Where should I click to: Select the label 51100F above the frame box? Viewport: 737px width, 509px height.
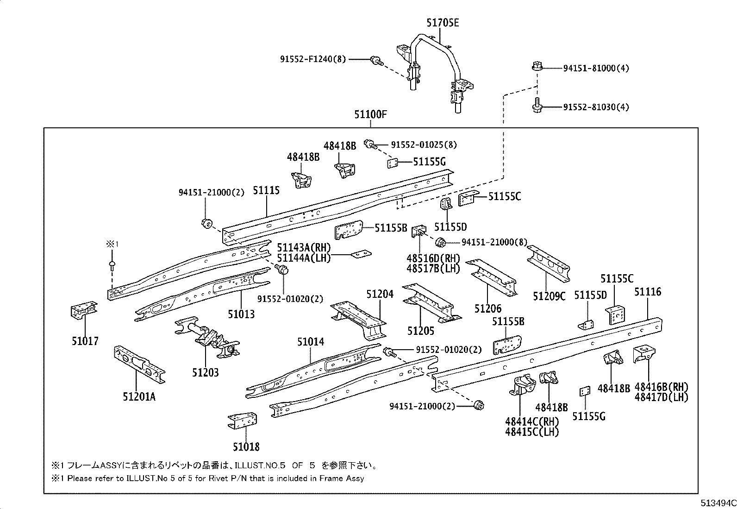[x=370, y=114]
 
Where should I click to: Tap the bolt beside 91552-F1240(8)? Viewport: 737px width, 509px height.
[x=376, y=60]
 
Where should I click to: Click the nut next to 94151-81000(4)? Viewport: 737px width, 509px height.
[x=537, y=68]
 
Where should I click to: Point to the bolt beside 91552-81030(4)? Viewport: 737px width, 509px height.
[x=537, y=107]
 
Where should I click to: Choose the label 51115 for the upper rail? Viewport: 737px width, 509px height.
[x=266, y=190]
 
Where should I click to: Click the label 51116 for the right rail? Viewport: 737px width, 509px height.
[x=648, y=292]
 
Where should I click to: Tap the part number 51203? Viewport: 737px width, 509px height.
[x=205, y=372]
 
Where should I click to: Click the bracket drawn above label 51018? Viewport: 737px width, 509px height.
[x=243, y=421]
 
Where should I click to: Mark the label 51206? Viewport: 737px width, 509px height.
[x=487, y=308]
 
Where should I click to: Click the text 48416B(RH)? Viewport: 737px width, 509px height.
[x=661, y=387]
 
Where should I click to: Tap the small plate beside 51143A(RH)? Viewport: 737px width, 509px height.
[x=361, y=254]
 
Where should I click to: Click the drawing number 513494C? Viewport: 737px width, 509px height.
[x=718, y=503]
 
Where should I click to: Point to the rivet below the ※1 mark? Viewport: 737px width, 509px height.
[x=112, y=265]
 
